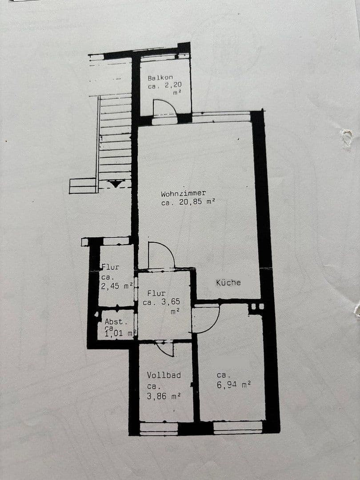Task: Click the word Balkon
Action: [x=160, y=78]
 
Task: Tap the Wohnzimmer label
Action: [x=184, y=193]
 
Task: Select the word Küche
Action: [x=228, y=283]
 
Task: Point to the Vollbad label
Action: [x=164, y=375]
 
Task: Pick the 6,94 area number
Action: [x=227, y=384]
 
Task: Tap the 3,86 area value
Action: [x=157, y=396]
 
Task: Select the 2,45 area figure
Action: [x=111, y=286]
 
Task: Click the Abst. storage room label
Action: [x=114, y=322]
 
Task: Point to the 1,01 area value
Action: [x=114, y=333]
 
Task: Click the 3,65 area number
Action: [x=170, y=302]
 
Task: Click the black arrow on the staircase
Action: [x=116, y=184]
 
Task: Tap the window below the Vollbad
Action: [x=159, y=428]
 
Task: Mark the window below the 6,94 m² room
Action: [x=238, y=428]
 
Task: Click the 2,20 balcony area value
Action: [x=173, y=85]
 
